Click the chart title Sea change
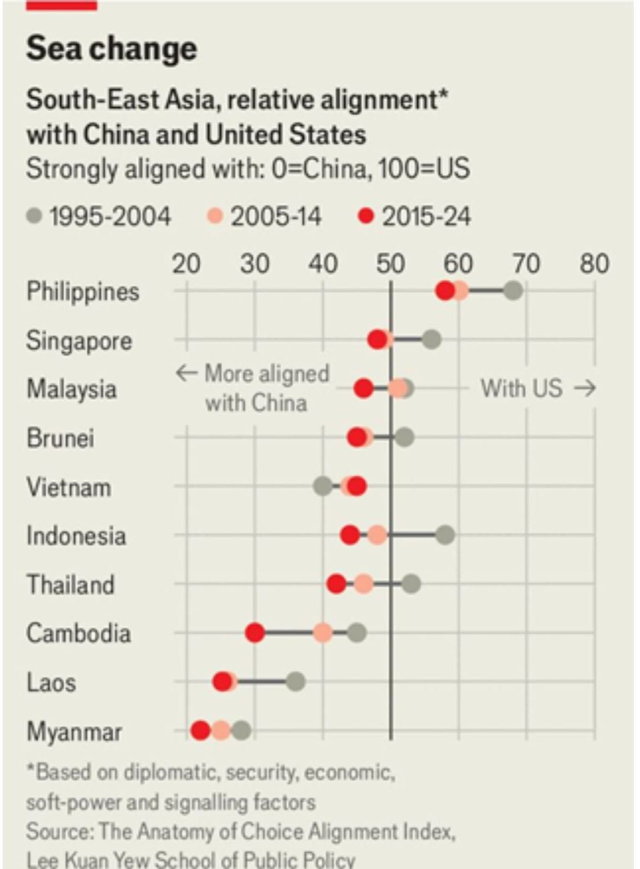[x=112, y=49]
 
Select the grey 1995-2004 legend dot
[x=35, y=216]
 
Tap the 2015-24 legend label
[x=426, y=216]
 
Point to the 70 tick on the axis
[x=527, y=264]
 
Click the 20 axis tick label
[x=186, y=264]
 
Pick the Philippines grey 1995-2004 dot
[x=513, y=291]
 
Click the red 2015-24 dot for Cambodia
[x=255, y=633]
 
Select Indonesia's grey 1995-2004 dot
[x=445, y=536]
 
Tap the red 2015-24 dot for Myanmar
[x=201, y=731]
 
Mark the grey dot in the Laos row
[x=296, y=682]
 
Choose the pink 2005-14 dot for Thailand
[x=363, y=584]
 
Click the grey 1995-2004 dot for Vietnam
[x=323, y=487]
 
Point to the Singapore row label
[x=79, y=341]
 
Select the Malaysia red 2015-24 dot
[x=364, y=389]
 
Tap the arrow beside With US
[x=584, y=389]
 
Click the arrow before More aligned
[x=187, y=374]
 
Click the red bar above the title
[x=61, y=5]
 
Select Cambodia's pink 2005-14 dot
[x=323, y=633]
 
